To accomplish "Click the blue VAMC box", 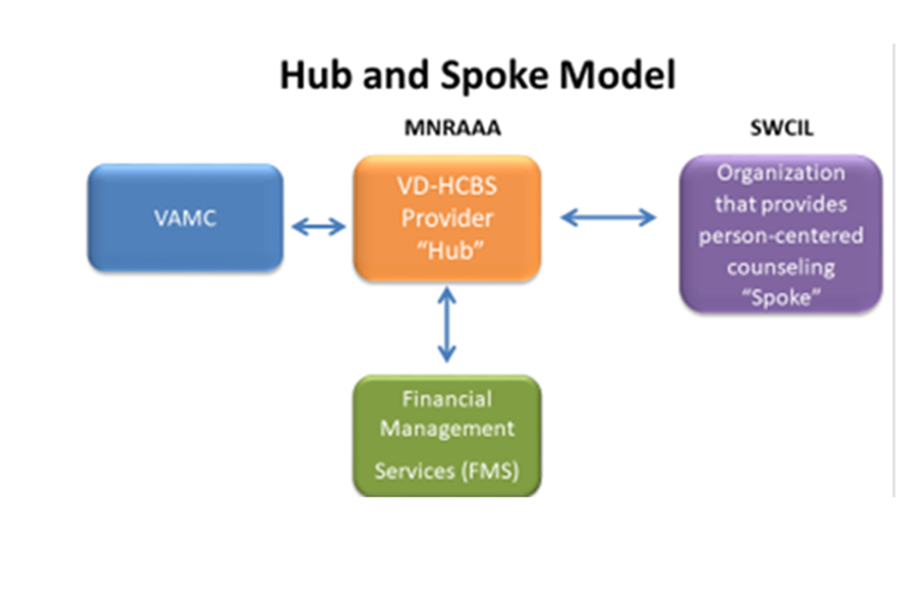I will [185, 217].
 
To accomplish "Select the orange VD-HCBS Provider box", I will [447, 218].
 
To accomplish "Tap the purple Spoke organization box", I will [780, 234].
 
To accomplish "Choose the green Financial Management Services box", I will [447, 435].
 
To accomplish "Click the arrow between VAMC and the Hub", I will [319, 227].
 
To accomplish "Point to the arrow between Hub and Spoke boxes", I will [608, 217].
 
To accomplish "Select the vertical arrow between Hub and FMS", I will [447, 324].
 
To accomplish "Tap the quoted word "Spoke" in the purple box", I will [780, 296].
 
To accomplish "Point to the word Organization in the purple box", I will [780, 173].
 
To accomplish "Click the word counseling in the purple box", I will [780, 267].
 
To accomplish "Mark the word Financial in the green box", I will [446, 399].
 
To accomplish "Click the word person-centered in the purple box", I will [780, 236].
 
